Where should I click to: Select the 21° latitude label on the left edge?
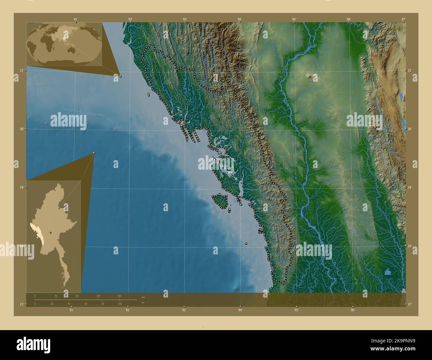[x=21, y=70]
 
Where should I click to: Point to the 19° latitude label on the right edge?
[x=410, y=188]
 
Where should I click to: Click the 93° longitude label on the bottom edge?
[x=184, y=310]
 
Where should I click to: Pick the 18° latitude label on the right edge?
[x=410, y=246]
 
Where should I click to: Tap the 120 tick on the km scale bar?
[x=98, y=296]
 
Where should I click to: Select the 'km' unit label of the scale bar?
[x=143, y=297]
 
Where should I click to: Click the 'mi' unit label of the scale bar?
[x=143, y=303]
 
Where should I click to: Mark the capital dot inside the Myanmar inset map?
[x=51, y=232]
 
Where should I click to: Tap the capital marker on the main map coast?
[x=179, y=123]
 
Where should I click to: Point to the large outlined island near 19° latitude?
[x=220, y=201]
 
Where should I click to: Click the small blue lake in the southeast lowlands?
[x=387, y=272]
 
